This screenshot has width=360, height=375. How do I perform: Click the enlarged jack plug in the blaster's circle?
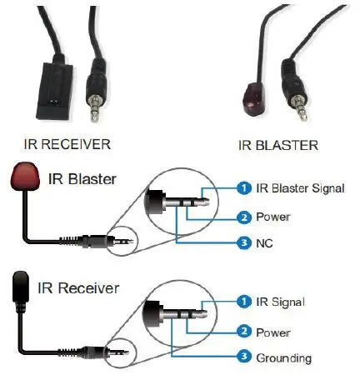(188, 206)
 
